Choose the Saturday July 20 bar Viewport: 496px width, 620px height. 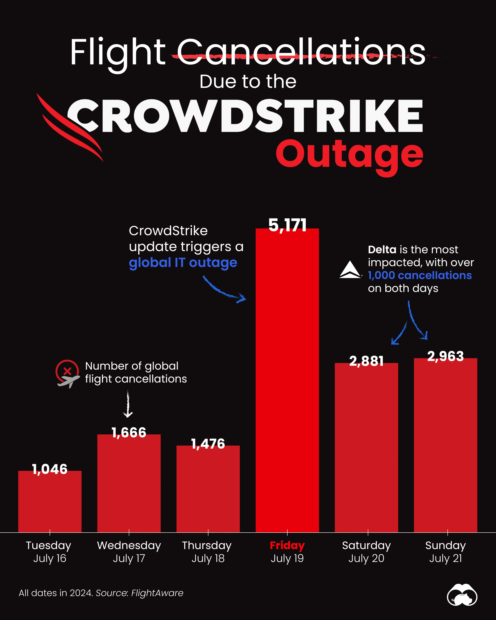pyautogui.click(x=366, y=449)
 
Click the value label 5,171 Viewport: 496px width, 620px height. pyautogui.click(x=287, y=225)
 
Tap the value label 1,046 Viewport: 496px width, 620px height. pyautogui.click(x=50, y=469)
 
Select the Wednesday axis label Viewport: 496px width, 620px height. pyautogui.click(x=129, y=545)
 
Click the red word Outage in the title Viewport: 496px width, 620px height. pyautogui.click(x=349, y=155)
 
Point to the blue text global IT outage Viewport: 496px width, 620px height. pyautogui.click(x=183, y=263)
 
